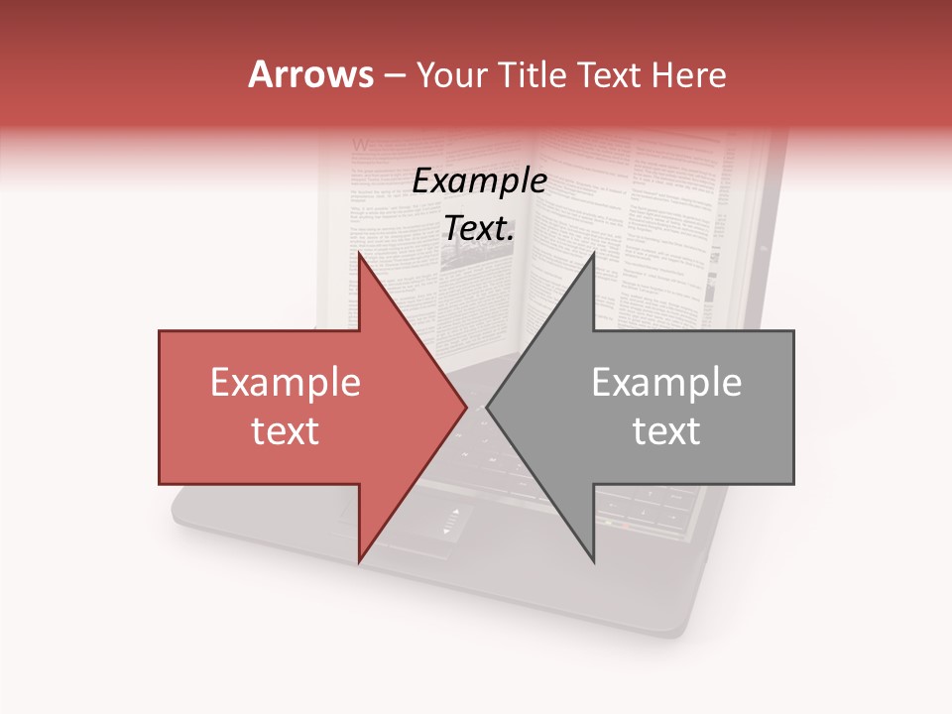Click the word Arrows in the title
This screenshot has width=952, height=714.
pyautogui.click(x=310, y=74)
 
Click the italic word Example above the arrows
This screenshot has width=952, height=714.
pyautogui.click(x=479, y=181)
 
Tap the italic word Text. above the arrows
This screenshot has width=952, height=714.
pyautogui.click(x=479, y=228)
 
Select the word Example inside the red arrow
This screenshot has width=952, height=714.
pyautogui.click(x=285, y=384)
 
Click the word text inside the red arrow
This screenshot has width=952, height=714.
pyautogui.click(x=285, y=431)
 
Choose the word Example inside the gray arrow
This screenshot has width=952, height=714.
pyautogui.click(x=666, y=384)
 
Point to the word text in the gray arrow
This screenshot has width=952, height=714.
pyautogui.click(x=666, y=431)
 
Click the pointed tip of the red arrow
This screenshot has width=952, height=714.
pyautogui.click(x=467, y=408)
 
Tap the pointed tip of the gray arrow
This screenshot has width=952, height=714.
pyautogui.click(x=487, y=408)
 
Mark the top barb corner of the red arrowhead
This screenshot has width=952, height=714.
pyautogui.click(x=359, y=254)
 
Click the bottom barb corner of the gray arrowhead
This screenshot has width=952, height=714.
pyautogui.click(x=594, y=561)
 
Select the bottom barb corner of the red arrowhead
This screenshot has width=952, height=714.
pyautogui.click(x=359, y=561)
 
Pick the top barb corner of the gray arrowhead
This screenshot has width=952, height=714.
pyautogui.click(x=594, y=254)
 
